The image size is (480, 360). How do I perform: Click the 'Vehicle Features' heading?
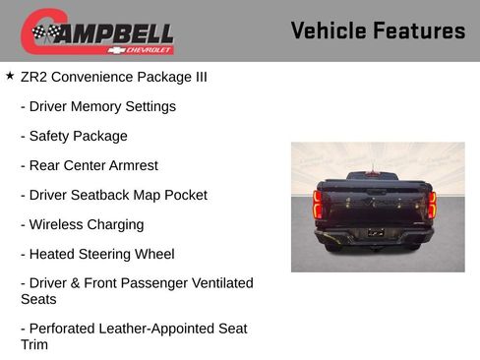[378, 30]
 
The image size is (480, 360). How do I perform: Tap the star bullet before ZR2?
[10, 75]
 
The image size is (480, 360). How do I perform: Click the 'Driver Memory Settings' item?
[97, 106]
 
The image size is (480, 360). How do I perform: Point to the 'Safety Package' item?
[74, 136]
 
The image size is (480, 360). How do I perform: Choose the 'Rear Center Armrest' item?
[89, 165]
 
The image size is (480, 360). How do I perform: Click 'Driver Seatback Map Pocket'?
[113, 195]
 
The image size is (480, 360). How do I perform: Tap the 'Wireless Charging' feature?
[82, 224]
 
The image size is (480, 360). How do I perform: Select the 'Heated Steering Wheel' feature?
[97, 254]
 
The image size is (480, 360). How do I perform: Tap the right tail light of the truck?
[431, 205]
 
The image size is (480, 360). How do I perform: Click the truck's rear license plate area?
[375, 234]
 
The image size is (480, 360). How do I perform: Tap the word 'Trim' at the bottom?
[34, 345]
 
